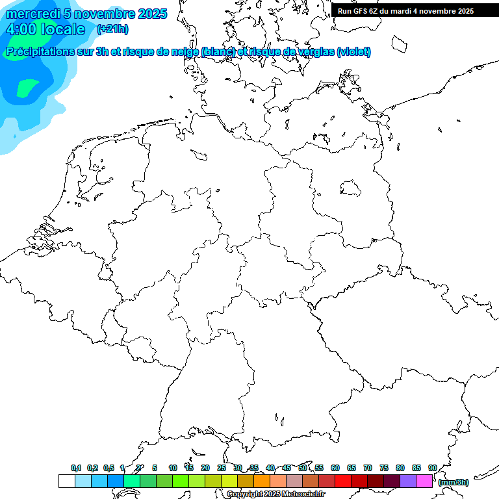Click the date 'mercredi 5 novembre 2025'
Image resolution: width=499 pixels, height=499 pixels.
click(86, 14)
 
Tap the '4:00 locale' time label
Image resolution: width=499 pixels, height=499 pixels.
click(45, 29)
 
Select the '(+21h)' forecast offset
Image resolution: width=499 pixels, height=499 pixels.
click(112, 29)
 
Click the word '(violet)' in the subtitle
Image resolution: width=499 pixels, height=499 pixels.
click(353, 51)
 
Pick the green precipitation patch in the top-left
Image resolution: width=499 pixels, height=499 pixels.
click(27, 87)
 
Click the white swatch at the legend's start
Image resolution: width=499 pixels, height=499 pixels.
click(66, 481)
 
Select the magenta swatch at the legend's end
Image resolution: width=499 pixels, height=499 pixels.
click(424, 481)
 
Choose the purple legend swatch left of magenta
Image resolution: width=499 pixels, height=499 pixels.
click(408, 481)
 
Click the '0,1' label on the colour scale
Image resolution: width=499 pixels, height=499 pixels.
click(76, 468)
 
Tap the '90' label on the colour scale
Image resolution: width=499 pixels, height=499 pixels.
click(432, 468)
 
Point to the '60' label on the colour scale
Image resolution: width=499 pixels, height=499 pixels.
click(335, 468)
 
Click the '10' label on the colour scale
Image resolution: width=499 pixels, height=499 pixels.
click(173, 468)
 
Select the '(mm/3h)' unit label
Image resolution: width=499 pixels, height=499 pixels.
click(454, 482)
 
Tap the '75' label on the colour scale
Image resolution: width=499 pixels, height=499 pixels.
click(383, 468)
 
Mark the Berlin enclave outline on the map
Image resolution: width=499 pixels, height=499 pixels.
click(351, 188)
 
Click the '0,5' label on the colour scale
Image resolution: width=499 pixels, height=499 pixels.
click(109, 468)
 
